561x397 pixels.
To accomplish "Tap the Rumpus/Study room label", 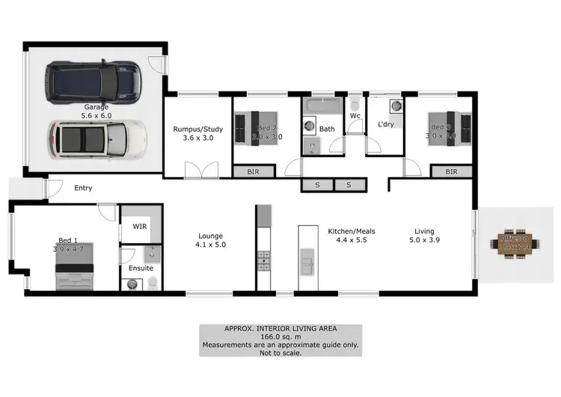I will (194, 132).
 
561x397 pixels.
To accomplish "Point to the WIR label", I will (140, 225).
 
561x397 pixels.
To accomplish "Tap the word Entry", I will (83, 188).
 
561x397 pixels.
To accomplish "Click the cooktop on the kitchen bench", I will (263, 260).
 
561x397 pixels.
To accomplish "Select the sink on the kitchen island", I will (307, 262).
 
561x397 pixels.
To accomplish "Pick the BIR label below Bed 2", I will (254, 172).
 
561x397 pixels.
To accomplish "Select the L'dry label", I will (385, 123).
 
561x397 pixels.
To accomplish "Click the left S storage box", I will (317, 184).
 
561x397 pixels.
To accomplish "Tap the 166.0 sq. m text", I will (280, 337).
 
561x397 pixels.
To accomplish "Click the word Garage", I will (96, 107).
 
